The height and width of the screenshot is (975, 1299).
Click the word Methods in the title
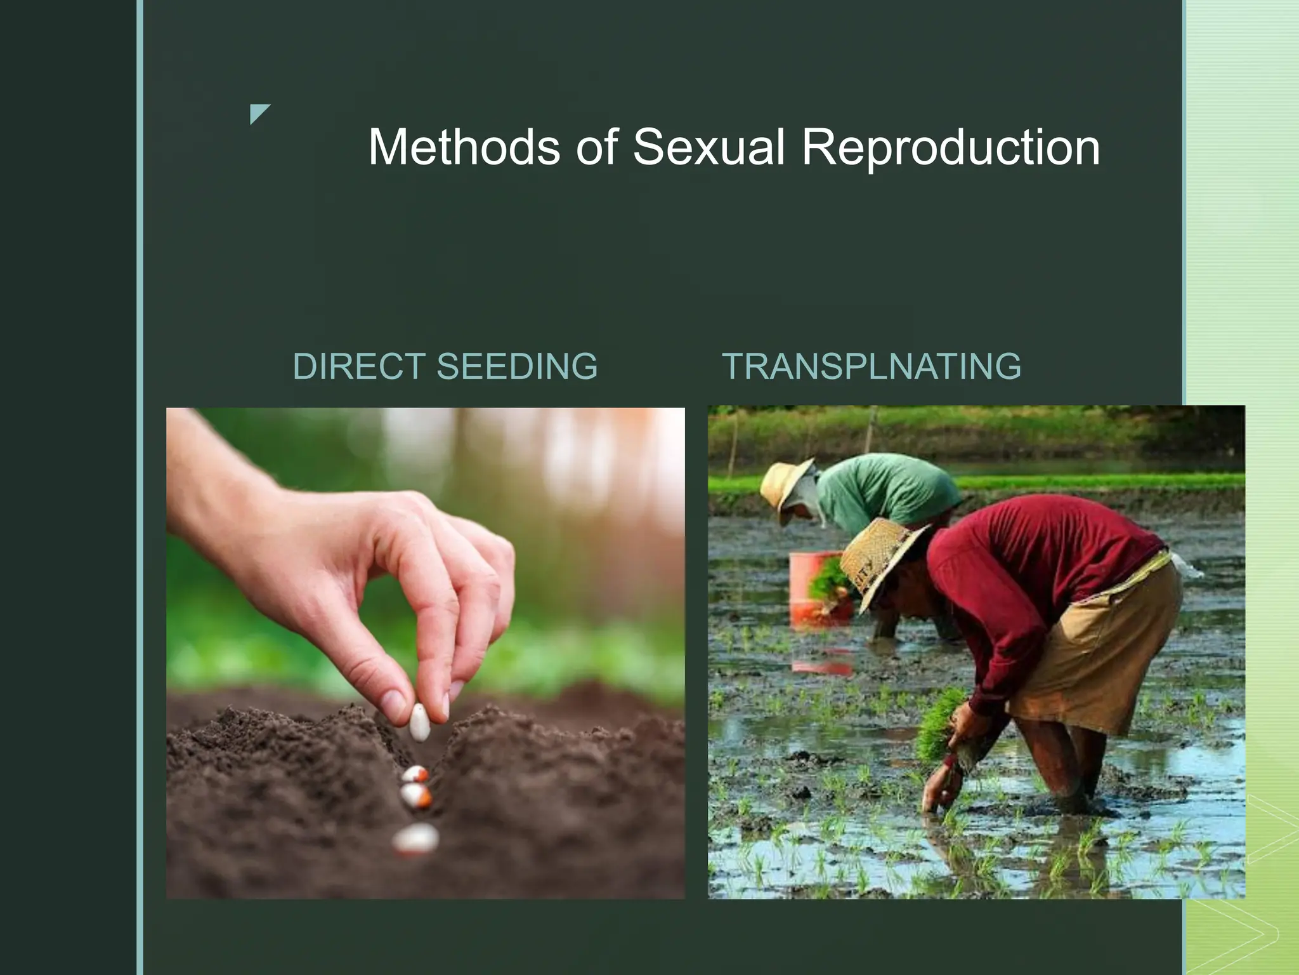tap(464, 147)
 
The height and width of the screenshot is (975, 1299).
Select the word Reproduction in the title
tap(950, 147)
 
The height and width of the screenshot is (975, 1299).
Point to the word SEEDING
tap(517, 366)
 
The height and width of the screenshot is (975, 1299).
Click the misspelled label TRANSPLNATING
tap(871, 366)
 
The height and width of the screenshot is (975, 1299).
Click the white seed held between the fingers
tap(419, 722)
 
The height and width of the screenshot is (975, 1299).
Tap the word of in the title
tap(596, 147)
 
